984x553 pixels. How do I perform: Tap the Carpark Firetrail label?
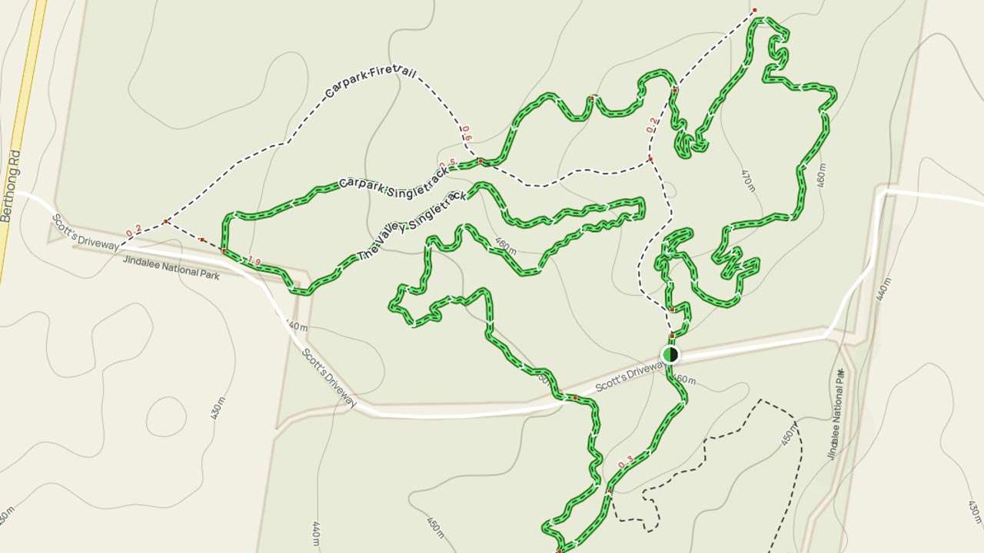tap(371, 82)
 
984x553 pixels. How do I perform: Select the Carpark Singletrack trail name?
tap(394, 177)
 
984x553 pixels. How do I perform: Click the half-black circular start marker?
tap(670, 354)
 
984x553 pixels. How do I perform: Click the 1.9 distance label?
tap(254, 262)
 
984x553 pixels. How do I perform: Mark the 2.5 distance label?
tap(448, 164)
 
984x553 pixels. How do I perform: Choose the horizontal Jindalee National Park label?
tap(171, 268)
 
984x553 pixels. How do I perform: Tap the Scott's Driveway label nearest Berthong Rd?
tap(85, 233)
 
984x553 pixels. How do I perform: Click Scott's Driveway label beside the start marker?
tap(629, 376)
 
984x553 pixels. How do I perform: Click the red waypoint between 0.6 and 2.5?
tap(480, 161)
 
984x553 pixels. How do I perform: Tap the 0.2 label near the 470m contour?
tap(653, 124)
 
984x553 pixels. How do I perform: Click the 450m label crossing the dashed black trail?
tap(789, 434)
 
